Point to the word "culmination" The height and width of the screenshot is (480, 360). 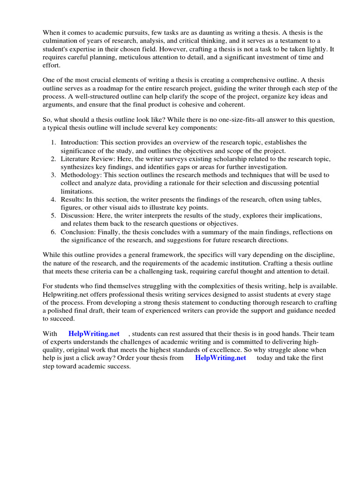[61, 41]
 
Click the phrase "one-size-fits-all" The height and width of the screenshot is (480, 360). [220, 120]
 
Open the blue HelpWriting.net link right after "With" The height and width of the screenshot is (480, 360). [94, 334]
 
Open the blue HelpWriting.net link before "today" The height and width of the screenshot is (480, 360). [220, 358]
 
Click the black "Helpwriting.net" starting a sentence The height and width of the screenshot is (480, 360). [66, 294]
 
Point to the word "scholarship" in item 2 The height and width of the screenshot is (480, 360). [213, 159]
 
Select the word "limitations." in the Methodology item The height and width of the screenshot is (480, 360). [77, 191]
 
